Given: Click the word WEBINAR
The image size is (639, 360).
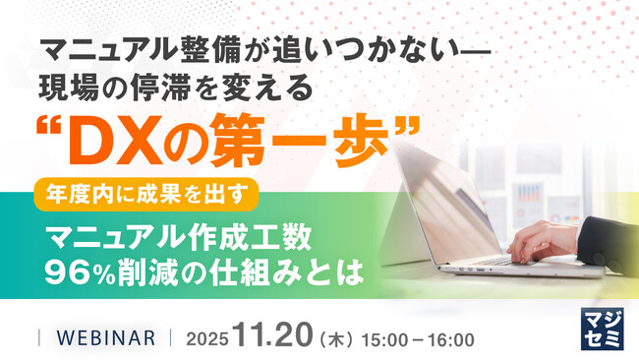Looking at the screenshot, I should tap(105, 337).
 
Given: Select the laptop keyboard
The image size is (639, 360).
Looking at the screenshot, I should tap(492, 258).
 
